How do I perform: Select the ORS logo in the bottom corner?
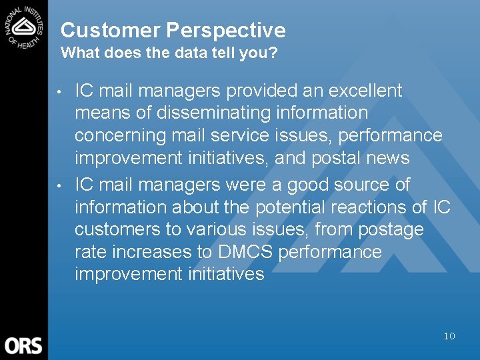[23, 345]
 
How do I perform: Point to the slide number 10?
[449, 336]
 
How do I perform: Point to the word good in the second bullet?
[313, 184]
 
